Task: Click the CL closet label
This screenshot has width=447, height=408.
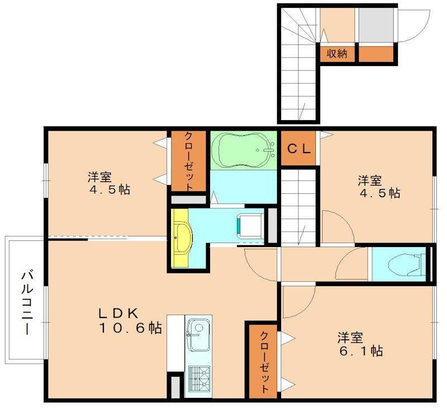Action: point(299,149)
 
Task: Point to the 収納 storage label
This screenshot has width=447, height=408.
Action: point(337,54)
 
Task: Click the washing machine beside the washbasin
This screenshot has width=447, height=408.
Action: point(250,226)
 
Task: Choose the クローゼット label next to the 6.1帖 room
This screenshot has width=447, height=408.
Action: point(263,362)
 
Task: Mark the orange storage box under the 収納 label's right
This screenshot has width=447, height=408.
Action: point(376,54)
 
